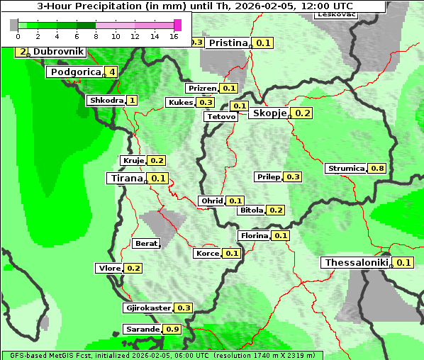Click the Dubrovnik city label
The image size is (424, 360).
tap(59, 52)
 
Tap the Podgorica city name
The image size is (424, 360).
tap(74, 72)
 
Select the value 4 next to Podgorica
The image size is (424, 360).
tap(112, 72)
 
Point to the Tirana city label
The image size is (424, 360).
tap(125, 178)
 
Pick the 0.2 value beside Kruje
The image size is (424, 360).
tap(157, 160)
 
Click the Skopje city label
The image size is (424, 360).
tap(269, 113)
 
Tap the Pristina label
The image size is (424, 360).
tap(228, 43)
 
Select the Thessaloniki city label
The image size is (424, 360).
tap(357, 262)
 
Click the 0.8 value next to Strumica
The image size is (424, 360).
tap(377, 168)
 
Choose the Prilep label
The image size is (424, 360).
tap(269, 176)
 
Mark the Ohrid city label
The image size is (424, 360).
tap(211, 201)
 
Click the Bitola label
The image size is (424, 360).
tap(251, 210)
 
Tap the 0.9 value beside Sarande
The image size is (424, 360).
tap(172, 330)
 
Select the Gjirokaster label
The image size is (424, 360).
tap(147, 308)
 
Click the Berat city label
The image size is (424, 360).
tap(146, 244)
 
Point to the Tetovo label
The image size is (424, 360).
tap(221, 116)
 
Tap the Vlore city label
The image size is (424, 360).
tap(108, 268)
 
